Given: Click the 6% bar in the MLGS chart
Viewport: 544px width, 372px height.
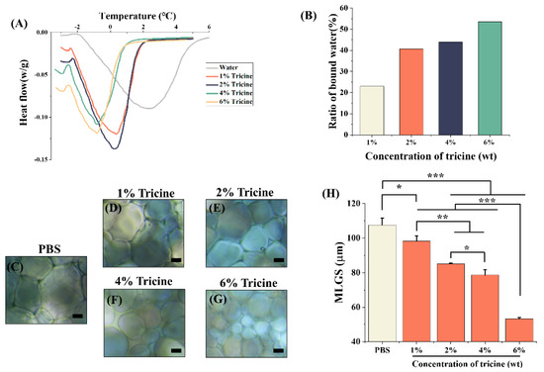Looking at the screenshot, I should click(x=512, y=329).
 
